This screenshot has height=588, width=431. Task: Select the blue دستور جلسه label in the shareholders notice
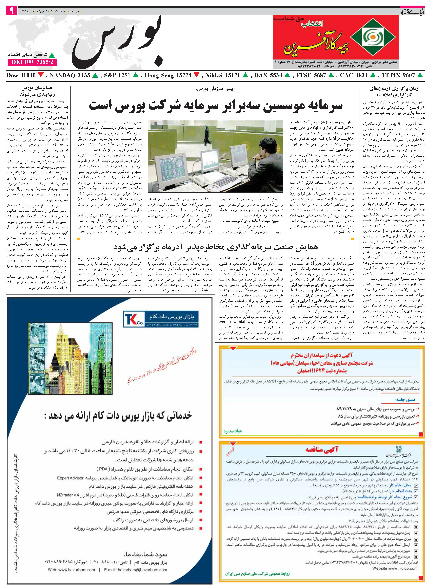(405, 400)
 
